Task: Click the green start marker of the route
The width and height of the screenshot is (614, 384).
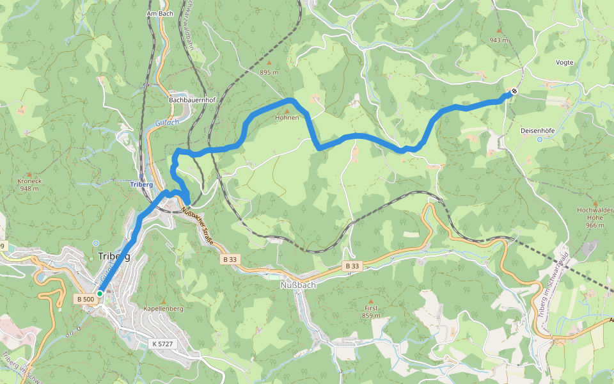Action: pyautogui.click(x=100, y=293)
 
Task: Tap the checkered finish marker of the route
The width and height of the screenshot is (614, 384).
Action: pyautogui.click(x=514, y=92)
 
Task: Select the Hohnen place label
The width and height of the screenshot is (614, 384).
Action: pyautogui.click(x=287, y=118)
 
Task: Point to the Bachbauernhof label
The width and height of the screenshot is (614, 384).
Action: pyautogui.click(x=192, y=100)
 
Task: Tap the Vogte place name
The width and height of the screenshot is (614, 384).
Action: pyautogui.click(x=564, y=63)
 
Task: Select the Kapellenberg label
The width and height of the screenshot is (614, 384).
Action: pyautogui.click(x=164, y=308)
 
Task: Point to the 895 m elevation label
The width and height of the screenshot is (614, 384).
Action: pyautogui.click(x=269, y=72)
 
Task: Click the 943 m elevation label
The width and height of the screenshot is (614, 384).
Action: pyautogui.click(x=499, y=40)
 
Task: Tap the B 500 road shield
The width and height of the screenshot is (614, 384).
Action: pyautogui.click(x=86, y=299)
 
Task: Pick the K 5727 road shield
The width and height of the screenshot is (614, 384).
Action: pyautogui.click(x=162, y=344)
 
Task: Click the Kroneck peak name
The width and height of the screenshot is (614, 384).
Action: pyautogui.click(x=29, y=181)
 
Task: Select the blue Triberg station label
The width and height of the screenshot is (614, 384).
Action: pyautogui.click(x=141, y=184)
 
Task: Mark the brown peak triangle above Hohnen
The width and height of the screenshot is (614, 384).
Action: pyautogui.click(x=287, y=111)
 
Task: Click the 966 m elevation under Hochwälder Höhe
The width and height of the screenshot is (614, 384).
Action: pyautogui.click(x=595, y=225)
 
